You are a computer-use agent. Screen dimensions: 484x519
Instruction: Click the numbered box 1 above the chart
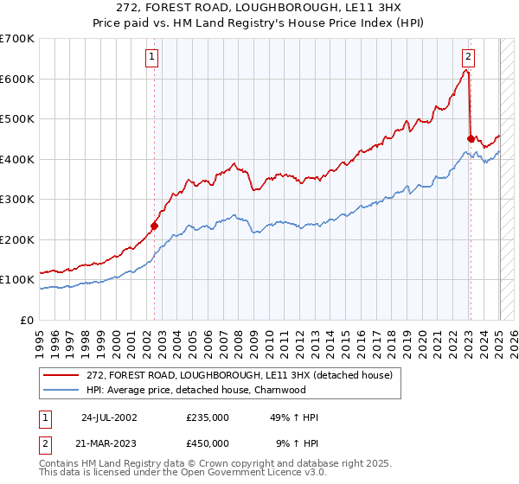(x=151, y=58)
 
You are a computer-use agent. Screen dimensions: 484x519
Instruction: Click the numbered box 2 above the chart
(x=468, y=58)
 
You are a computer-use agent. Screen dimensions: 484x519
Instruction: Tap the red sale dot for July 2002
(x=155, y=226)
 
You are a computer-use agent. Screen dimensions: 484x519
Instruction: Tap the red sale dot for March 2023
(x=471, y=138)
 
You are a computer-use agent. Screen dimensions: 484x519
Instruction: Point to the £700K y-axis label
(x=17, y=39)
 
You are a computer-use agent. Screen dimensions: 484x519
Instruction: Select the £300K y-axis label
(x=17, y=199)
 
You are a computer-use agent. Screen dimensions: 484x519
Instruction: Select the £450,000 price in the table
(x=208, y=443)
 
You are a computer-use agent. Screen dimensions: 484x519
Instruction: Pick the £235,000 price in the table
(x=208, y=417)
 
